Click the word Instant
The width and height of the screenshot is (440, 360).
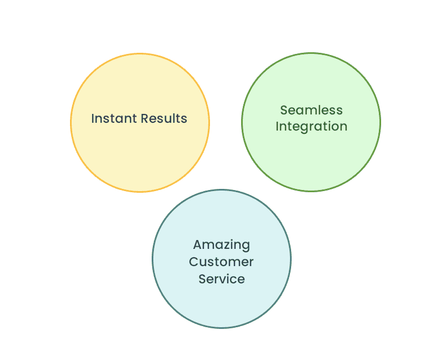pyautogui.click(x=114, y=118)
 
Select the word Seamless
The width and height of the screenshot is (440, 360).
pyautogui.click(x=311, y=110)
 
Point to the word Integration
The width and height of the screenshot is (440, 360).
pyautogui.click(x=311, y=127)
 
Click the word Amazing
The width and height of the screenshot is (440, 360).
pyautogui.click(x=222, y=245)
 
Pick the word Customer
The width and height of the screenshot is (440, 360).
pyautogui.click(x=222, y=262)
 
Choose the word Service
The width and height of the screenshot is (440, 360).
pyautogui.click(x=222, y=279)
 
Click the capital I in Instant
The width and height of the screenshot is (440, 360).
pyautogui.click(x=93, y=118)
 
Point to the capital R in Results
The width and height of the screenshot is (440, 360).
pyautogui.click(x=144, y=118)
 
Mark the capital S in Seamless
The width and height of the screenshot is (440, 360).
pyautogui.click(x=284, y=110)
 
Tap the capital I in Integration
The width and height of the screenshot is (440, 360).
pyautogui.click(x=277, y=127)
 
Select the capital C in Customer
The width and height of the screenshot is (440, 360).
pyautogui.click(x=194, y=262)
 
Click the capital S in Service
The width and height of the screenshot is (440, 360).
pyautogui.click(x=202, y=279)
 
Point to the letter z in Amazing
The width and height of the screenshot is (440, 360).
pyautogui.click(x=223, y=245)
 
